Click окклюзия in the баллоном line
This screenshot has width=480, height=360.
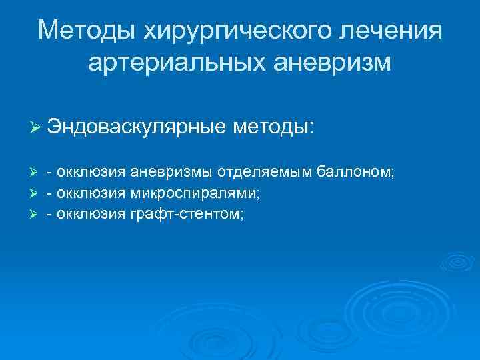click(x=91, y=173)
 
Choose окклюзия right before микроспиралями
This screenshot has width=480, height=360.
click(x=91, y=194)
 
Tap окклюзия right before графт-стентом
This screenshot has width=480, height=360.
click(x=91, y=215)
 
